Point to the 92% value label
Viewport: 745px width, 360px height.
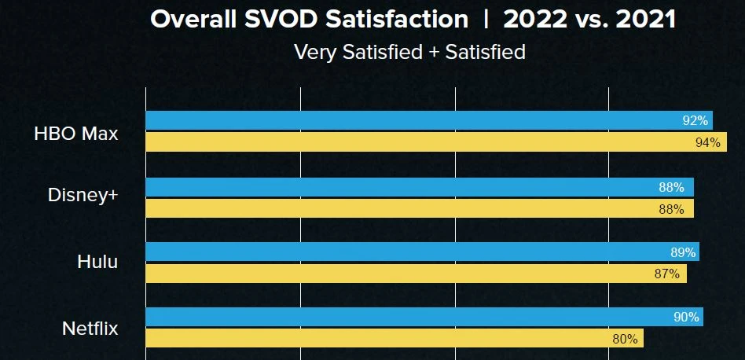[695, 121]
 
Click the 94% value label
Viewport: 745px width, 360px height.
[708, 142]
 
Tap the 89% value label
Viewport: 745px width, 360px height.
[682, 252]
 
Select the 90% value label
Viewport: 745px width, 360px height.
[686, 317]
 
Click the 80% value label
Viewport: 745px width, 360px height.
[625, 339]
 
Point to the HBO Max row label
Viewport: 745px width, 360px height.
[76, 134]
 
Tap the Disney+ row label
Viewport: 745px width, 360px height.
[83, 194]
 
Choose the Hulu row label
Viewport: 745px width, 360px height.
[97, 262]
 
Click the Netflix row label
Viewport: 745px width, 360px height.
[90, 328]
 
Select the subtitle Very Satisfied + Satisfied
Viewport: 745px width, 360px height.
[409, 53]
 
